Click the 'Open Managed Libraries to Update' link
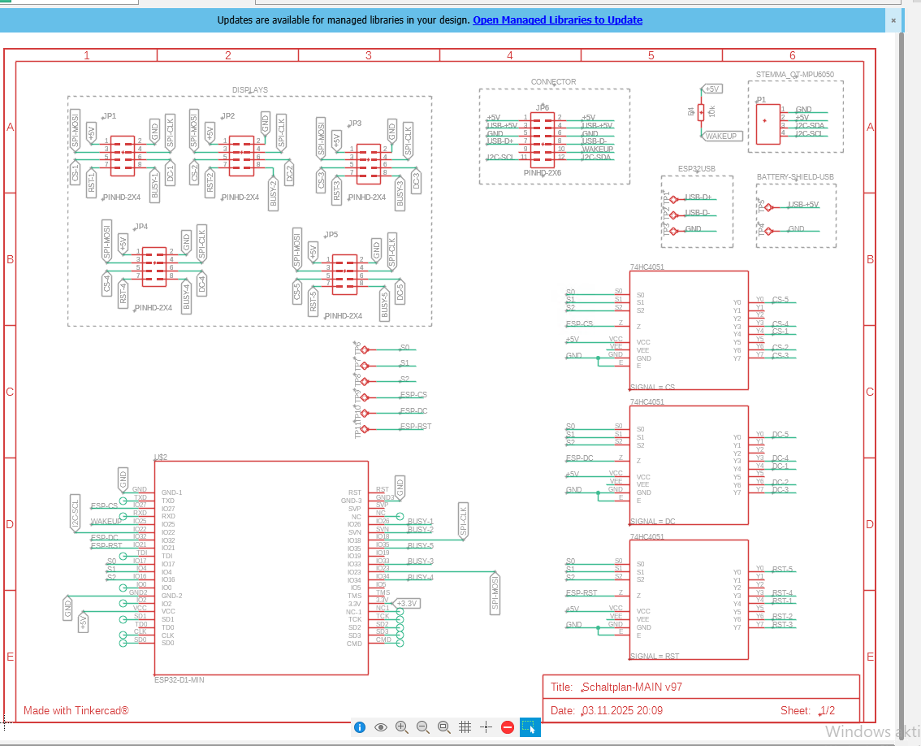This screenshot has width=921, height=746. (557, 20)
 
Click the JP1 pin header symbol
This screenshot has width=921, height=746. (122, 154)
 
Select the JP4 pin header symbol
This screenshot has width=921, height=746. (153, 266)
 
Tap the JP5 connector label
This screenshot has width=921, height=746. (331, 234)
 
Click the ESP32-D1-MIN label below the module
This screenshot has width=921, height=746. (179, 679)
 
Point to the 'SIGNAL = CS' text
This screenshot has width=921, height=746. (652, 387)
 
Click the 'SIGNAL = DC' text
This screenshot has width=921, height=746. (652, 521)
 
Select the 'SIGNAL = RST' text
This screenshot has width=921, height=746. (654, 656)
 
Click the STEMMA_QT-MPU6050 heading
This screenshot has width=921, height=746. (793, 75)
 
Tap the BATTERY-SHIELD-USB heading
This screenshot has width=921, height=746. (795, 176)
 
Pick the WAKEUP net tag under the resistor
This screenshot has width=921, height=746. (721, 137)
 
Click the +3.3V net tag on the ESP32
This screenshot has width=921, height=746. (405, 603)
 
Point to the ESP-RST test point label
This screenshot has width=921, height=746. (415, 426)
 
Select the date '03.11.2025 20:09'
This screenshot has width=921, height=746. (622, 710)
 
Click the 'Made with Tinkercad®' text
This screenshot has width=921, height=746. (76, 710)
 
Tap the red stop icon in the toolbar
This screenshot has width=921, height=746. (508, 727)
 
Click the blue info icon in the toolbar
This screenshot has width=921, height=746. (360, 727)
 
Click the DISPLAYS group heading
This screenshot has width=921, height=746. (249, 90)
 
